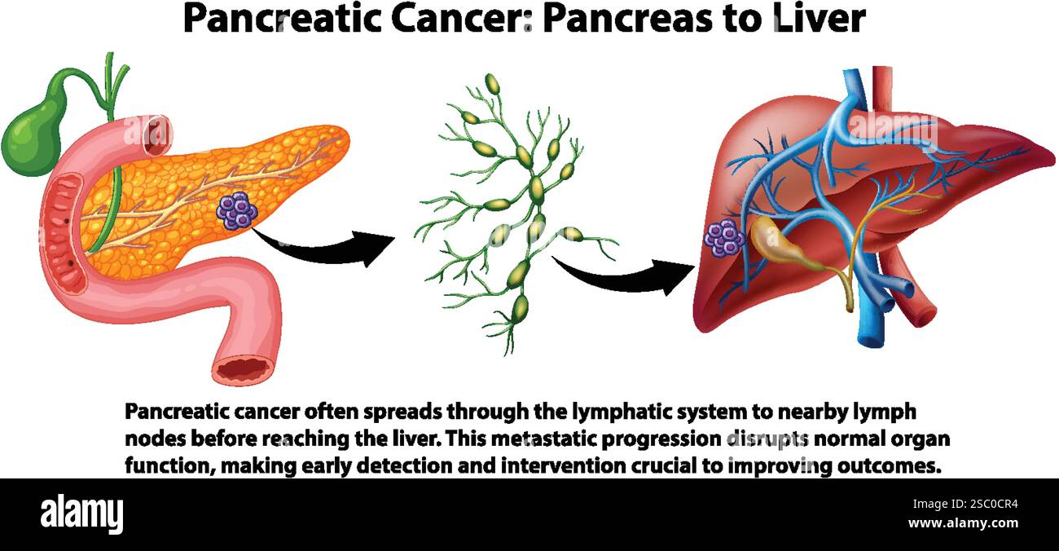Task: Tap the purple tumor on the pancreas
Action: click(x=237, y=210)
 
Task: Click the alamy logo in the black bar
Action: click(x=82, y=514)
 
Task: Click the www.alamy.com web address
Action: click(x=963, y=524)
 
